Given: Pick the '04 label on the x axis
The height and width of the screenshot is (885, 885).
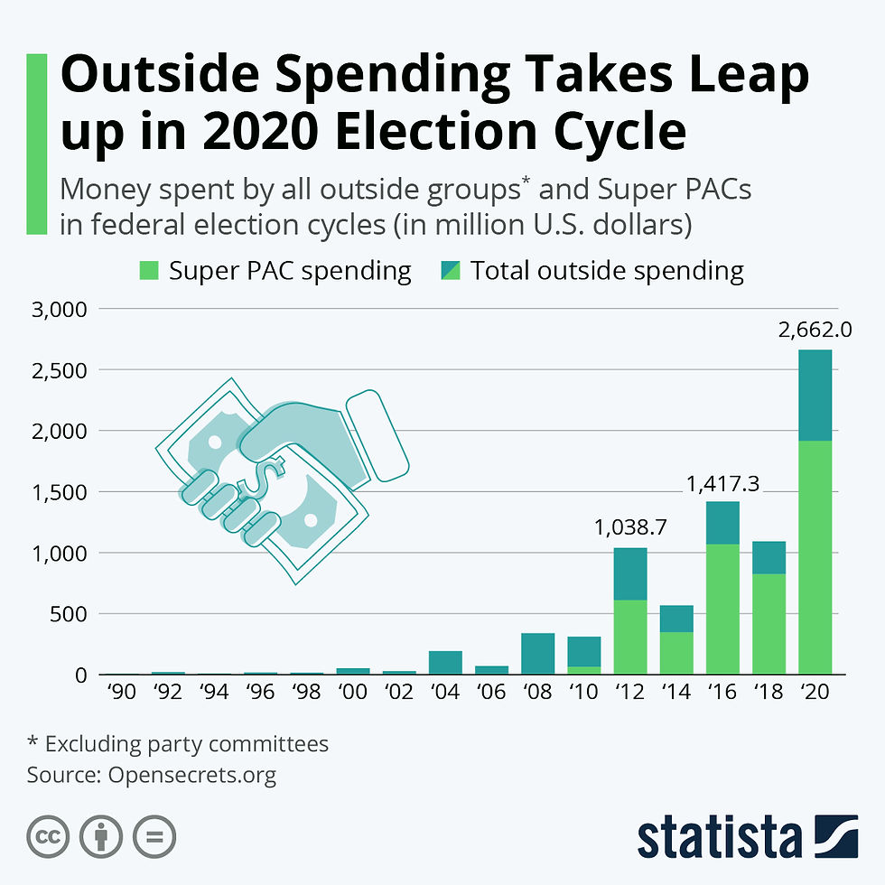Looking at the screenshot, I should point(446,693).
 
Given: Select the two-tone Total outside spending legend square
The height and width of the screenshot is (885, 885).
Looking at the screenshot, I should point(450,270).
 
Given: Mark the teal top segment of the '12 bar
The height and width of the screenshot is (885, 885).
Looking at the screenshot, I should point(630,574).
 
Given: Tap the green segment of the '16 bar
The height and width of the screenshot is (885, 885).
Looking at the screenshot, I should point(723,609).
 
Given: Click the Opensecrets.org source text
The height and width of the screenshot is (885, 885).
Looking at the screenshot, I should point(191,774).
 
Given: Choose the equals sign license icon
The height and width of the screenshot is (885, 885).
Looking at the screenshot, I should point(155,837).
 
